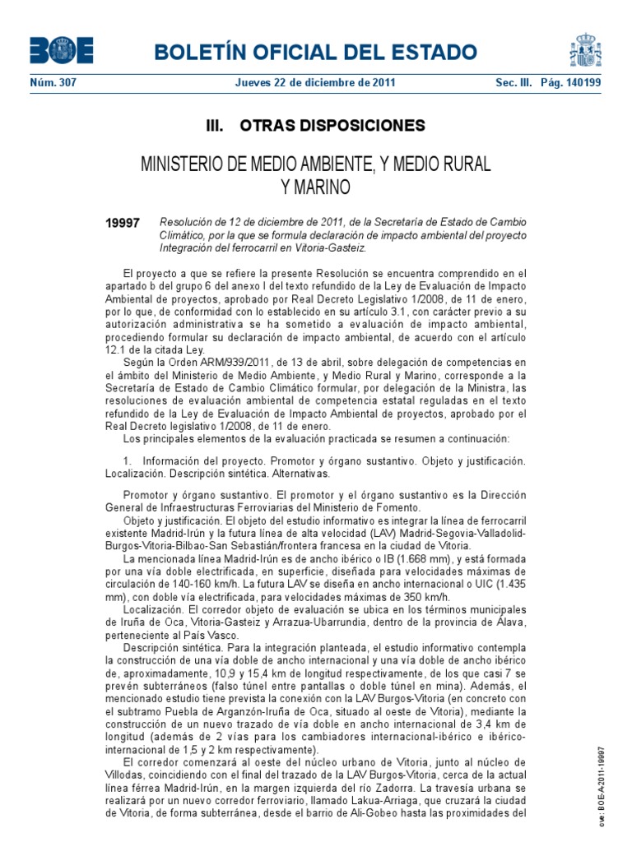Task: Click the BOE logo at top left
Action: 62,50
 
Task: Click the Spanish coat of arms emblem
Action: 585,51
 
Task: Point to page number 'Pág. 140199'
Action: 570,82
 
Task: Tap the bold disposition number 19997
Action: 123,224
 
